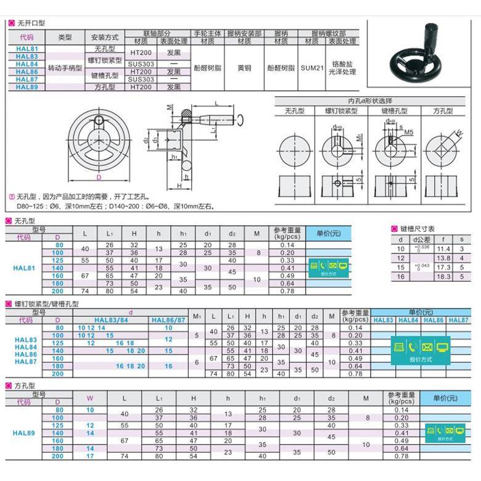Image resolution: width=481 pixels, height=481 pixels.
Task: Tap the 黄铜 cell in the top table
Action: pyautogui.click(x=244, y=68)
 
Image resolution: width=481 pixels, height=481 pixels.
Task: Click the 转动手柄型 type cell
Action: pyautogui.click(x=65, y=68)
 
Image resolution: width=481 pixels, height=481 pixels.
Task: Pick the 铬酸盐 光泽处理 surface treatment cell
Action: pyautogui.click(x=343, y=68)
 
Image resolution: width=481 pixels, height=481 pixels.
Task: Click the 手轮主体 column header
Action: pyautogui.click(x=207, y=33)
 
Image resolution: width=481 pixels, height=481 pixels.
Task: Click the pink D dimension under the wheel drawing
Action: pyautogui.click(x=98, y=178)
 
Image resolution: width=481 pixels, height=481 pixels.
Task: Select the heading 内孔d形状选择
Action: pyautogui.click(x=370, y=101)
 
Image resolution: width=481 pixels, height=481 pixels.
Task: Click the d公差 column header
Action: pyautogui.click(x=422, y=239)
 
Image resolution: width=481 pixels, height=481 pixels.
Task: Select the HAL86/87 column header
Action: pyautogui.click(x=168, y=320)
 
